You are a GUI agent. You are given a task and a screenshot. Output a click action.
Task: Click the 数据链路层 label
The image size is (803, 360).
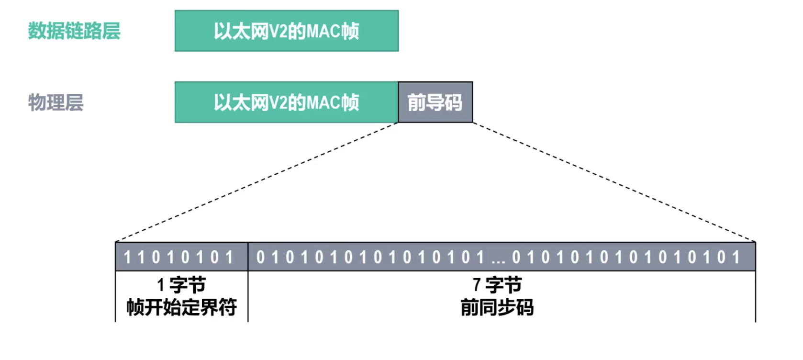coord(74,31)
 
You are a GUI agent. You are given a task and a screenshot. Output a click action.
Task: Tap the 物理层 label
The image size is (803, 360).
coord(56,102)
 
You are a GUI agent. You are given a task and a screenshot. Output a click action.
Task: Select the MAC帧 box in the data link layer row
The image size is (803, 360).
coord(286,31)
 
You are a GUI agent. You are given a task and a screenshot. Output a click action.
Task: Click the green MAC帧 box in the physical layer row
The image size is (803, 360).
coord(286,102)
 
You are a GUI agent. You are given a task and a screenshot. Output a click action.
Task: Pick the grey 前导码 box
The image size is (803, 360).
coord(435,102)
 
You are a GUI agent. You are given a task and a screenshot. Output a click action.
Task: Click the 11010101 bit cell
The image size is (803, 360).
coord(181,257)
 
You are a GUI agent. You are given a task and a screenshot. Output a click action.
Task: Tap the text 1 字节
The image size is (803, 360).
coord(181,285)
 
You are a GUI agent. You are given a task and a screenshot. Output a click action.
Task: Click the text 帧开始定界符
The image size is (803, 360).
coord(181,307)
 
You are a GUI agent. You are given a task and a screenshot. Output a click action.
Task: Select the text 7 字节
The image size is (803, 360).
coord(497,285)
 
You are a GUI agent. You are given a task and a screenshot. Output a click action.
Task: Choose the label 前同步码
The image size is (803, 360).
coord(497,307)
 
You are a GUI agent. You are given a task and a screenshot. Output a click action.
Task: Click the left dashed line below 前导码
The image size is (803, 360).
coord(256,182)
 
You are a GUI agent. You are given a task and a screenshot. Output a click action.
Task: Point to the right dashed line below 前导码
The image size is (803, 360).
coord(614,182)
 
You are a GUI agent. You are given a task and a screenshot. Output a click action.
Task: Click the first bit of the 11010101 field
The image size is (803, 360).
coord(127,258)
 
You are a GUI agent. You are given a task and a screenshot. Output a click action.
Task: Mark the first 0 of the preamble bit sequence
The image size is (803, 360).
coord(260,258)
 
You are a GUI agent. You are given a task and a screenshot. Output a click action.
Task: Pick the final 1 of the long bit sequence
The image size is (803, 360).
coord(736,258)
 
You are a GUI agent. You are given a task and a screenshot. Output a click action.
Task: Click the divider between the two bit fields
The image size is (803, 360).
coord(248,257)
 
